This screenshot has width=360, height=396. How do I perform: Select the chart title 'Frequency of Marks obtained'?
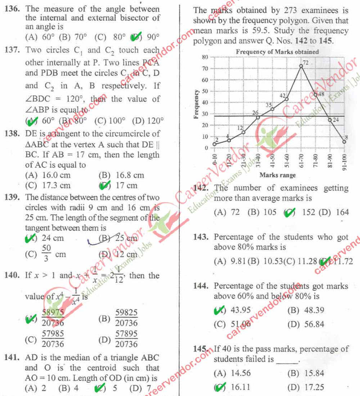pyautogui.click(x=277, y=52)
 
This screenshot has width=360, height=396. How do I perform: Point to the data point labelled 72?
pyautogui.click(x=301, y=66)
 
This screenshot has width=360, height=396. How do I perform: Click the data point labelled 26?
pyautogui.click(x=258, y=117)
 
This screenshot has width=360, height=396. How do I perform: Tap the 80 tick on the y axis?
pyautogui.click(x=205, y=57)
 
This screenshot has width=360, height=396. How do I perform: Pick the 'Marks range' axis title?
pyautogui.click(x=278, y=175)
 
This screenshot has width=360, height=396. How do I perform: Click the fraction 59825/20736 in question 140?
pyautogui.click(x=126, y=317)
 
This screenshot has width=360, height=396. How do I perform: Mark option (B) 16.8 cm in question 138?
pyautogui.click(x=121, y=175)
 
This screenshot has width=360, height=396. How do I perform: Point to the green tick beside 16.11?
pyautogui.click(x=219, y=387)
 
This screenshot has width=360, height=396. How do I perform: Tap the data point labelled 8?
pyautogui.click(x=344, y=142)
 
